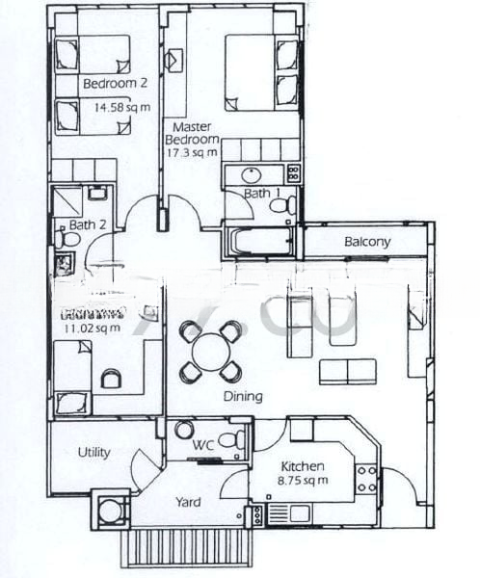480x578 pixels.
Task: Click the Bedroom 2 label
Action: coord(114,84)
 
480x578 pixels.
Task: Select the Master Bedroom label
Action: coord(196,134)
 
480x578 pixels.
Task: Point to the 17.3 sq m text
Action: coord(196,152)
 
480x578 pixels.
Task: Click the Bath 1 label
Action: coord(262,194)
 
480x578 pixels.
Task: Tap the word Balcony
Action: coord(367,242)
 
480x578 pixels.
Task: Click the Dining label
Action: coord(242,396)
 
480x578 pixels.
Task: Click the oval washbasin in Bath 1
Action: coord(253,174)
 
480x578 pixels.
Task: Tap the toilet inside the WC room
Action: coord(229,440)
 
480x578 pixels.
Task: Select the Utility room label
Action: coord(93,453)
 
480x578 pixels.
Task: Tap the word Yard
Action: coord(188,502)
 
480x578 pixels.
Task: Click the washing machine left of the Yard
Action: coord(111,510)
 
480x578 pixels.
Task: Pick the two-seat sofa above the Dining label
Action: coord(348,371)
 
